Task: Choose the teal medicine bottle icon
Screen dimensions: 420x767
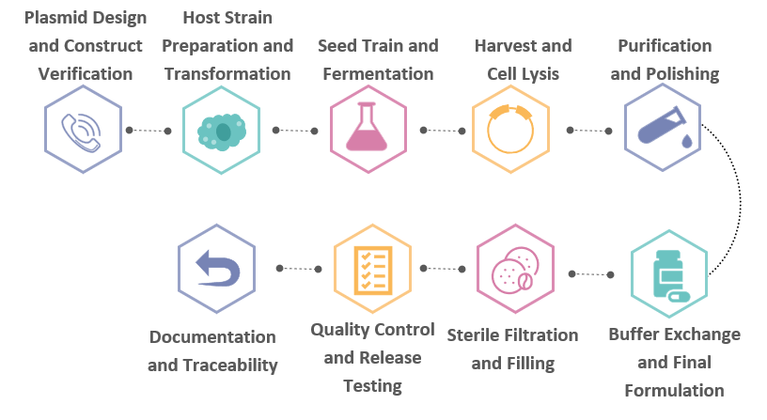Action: tap(669, 274)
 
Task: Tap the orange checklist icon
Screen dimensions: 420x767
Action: tap(372, 270)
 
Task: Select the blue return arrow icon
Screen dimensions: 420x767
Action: tap(217, 269)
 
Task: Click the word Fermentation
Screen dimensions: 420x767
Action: tap(377, 73)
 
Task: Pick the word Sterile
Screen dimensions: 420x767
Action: tap(477, 334)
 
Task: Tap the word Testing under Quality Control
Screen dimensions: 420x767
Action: tap(373, 385)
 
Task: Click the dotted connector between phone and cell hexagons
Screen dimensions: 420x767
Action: tap(150, 131)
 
